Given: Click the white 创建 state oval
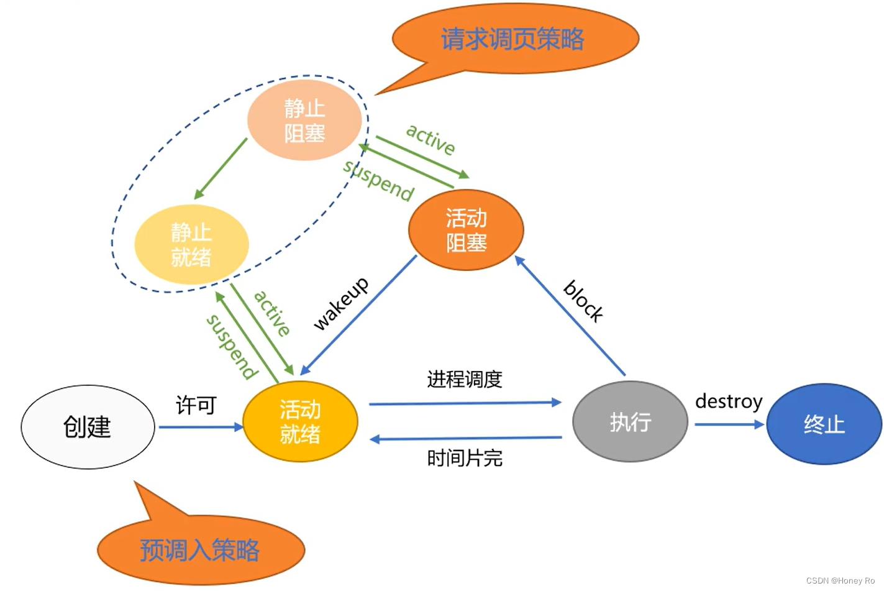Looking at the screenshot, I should point(88,427).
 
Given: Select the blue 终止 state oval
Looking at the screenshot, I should point(824,424).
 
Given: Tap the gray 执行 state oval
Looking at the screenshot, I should point(630,422).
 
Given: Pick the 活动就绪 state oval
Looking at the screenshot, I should point(300,421).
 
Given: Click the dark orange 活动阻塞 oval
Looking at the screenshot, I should point(466,230).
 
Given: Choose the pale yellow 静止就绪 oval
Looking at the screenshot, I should point(191,245).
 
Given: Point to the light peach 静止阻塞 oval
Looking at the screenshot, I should point(304,121).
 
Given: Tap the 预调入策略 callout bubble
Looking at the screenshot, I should point(200,550).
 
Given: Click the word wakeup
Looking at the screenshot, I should point(340,303).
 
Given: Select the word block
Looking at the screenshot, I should point(583,301).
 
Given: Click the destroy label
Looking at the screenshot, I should point(728,401).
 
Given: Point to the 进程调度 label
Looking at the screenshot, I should point(464,379).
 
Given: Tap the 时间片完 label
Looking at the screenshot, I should point(464,459).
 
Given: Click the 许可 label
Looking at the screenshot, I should point(196,405).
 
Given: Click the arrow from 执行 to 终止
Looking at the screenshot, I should point(728,424).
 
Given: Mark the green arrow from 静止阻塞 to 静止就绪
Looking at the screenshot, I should point(221,168).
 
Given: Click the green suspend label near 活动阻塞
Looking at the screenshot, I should point(378,180).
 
